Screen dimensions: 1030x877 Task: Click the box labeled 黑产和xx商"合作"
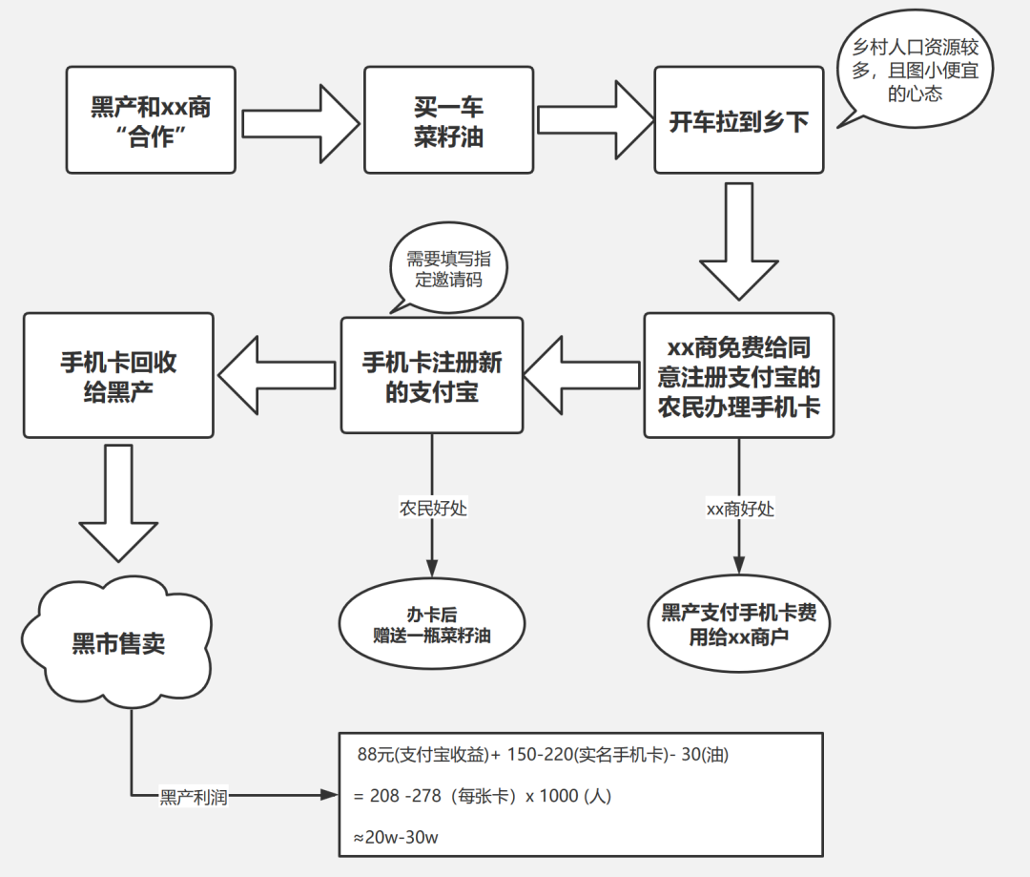(x=151, y=119)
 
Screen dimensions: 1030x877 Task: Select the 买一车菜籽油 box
(x=448, y=119)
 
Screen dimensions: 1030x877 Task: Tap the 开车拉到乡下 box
(x=739, y=119)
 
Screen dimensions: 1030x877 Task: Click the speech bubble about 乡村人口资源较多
(x=915, y=69)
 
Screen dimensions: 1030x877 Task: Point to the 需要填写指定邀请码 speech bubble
(x=448, y=267)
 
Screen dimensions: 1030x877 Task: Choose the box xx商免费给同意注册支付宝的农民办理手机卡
(x=739, y=375)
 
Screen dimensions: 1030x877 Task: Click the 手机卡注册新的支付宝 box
(x=432, y=375)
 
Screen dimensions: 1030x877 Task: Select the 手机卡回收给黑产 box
(x=118, y=375)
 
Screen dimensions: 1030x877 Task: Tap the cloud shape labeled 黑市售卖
(x=118, y=642)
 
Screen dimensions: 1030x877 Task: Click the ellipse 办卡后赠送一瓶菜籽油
(x=432, y=624)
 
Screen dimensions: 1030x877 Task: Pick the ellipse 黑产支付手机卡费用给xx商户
(x=739, y=624)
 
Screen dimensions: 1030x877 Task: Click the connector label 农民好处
(x=433, y=509)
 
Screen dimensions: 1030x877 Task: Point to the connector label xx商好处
(x=740, y=509)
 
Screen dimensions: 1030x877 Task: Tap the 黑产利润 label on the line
(x=194, y=797)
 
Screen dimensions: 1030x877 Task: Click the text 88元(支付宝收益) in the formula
(x=423, y=754)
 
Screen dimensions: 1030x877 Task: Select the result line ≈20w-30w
(x=396, y=837)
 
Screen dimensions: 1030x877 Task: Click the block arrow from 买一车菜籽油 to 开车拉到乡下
(x=595, y=119)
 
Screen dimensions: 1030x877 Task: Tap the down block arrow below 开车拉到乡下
(x=739, y=241)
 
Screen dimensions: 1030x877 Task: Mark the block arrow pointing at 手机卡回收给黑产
(x=278, y=375)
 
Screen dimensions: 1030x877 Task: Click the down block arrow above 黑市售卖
(x=118, y=503)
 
